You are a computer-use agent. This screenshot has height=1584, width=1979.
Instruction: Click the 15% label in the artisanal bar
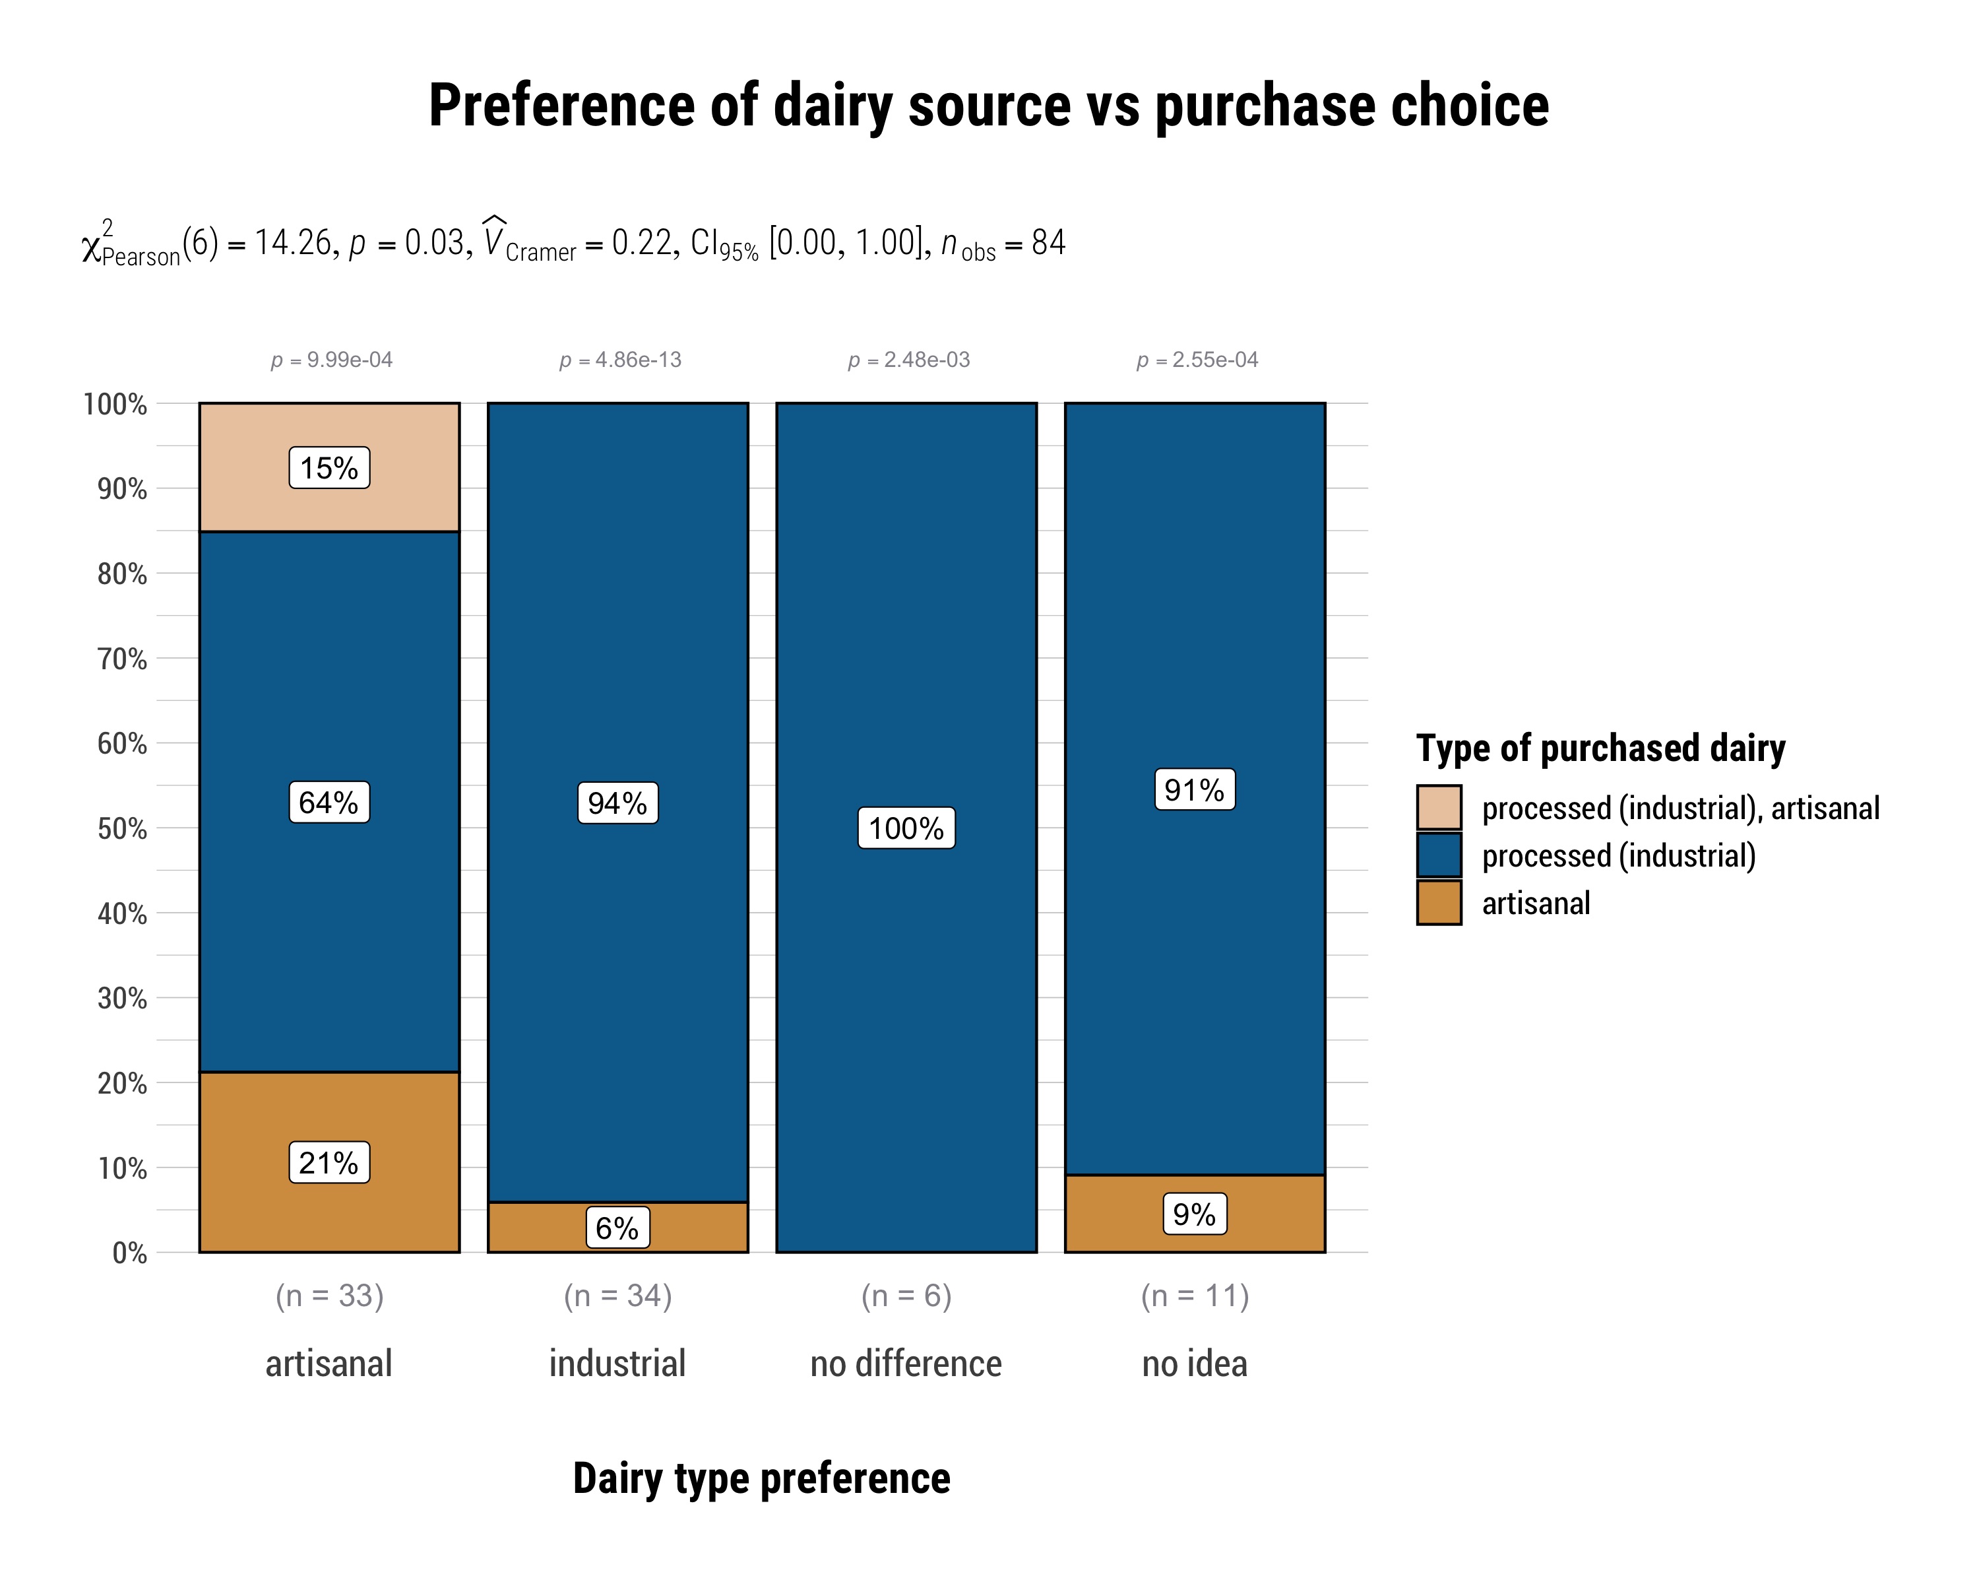329,469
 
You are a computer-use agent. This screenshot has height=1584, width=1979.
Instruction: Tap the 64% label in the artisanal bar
329,803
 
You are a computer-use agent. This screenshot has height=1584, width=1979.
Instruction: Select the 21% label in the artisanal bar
329,1164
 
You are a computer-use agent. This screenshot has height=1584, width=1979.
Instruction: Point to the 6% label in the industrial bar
617,1228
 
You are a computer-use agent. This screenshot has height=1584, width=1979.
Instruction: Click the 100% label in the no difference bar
906,828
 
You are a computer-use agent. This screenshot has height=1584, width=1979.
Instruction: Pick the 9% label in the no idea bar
1194,1215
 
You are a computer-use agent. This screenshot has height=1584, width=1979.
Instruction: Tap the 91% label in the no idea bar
1194,790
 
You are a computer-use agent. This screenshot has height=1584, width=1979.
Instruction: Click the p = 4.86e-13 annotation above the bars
621,360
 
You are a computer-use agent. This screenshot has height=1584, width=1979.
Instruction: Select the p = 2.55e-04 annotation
1197,360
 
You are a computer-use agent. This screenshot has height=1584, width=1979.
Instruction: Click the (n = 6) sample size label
906,1296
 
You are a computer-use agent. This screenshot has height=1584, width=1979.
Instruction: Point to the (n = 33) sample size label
329,1296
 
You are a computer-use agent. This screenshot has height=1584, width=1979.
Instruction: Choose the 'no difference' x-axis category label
906,1364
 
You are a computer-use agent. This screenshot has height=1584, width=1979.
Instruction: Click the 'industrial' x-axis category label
617,1364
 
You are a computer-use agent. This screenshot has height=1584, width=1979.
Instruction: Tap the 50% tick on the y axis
122,828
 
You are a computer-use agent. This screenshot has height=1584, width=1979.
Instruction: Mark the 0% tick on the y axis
129,1253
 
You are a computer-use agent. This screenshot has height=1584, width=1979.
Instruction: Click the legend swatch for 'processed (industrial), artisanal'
1438,808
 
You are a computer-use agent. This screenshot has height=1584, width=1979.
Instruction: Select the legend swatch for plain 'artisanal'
1438,903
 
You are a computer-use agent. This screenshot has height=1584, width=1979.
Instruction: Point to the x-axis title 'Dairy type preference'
762,1479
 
